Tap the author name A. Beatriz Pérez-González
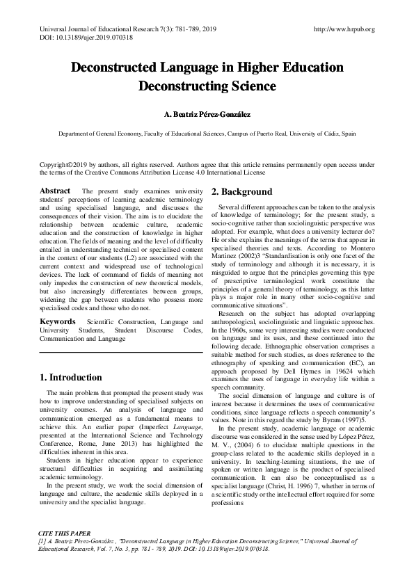[x=207, y=113]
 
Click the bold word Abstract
[x=56, y=191]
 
